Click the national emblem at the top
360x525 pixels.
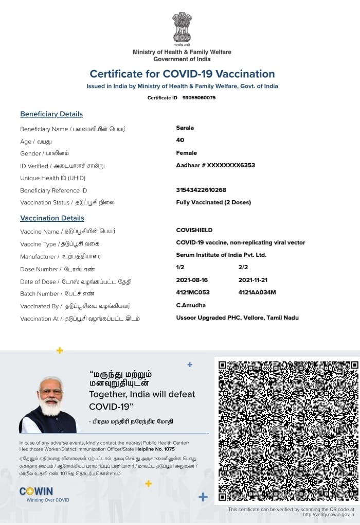[182, 28]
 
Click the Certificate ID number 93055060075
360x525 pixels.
[199, 98]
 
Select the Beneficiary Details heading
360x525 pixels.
[51, 114]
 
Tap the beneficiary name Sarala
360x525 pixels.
[185, 128]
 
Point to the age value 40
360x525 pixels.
[180, 140]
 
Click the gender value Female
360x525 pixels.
[187, 153]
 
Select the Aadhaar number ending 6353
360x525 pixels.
[215, 165]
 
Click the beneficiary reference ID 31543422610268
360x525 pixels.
[201, 190]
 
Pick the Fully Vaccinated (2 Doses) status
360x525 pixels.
[213, 202]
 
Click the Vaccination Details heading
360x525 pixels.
[52, 218]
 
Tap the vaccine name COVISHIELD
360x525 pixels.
[194, 230]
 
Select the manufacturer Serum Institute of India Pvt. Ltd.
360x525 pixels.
[221, 255]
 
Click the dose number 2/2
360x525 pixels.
[243, 268]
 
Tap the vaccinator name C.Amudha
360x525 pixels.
[191, 305]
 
